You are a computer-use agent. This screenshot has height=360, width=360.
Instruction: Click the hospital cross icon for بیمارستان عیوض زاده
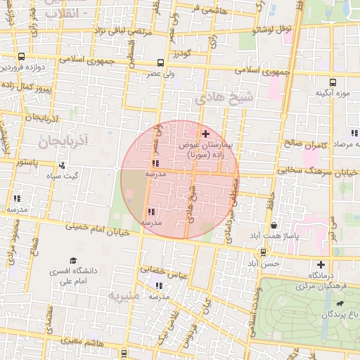pyautogui.click(x=205, y=134)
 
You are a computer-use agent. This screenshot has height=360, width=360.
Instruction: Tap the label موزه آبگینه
pyautogui.click(x=333, y=93)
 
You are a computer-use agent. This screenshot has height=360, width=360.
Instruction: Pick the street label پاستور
pyautogui.click(x=26, y=163)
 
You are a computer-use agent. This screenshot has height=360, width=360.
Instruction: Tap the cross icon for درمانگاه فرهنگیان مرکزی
pyautogui.click(x=320, y=265)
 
